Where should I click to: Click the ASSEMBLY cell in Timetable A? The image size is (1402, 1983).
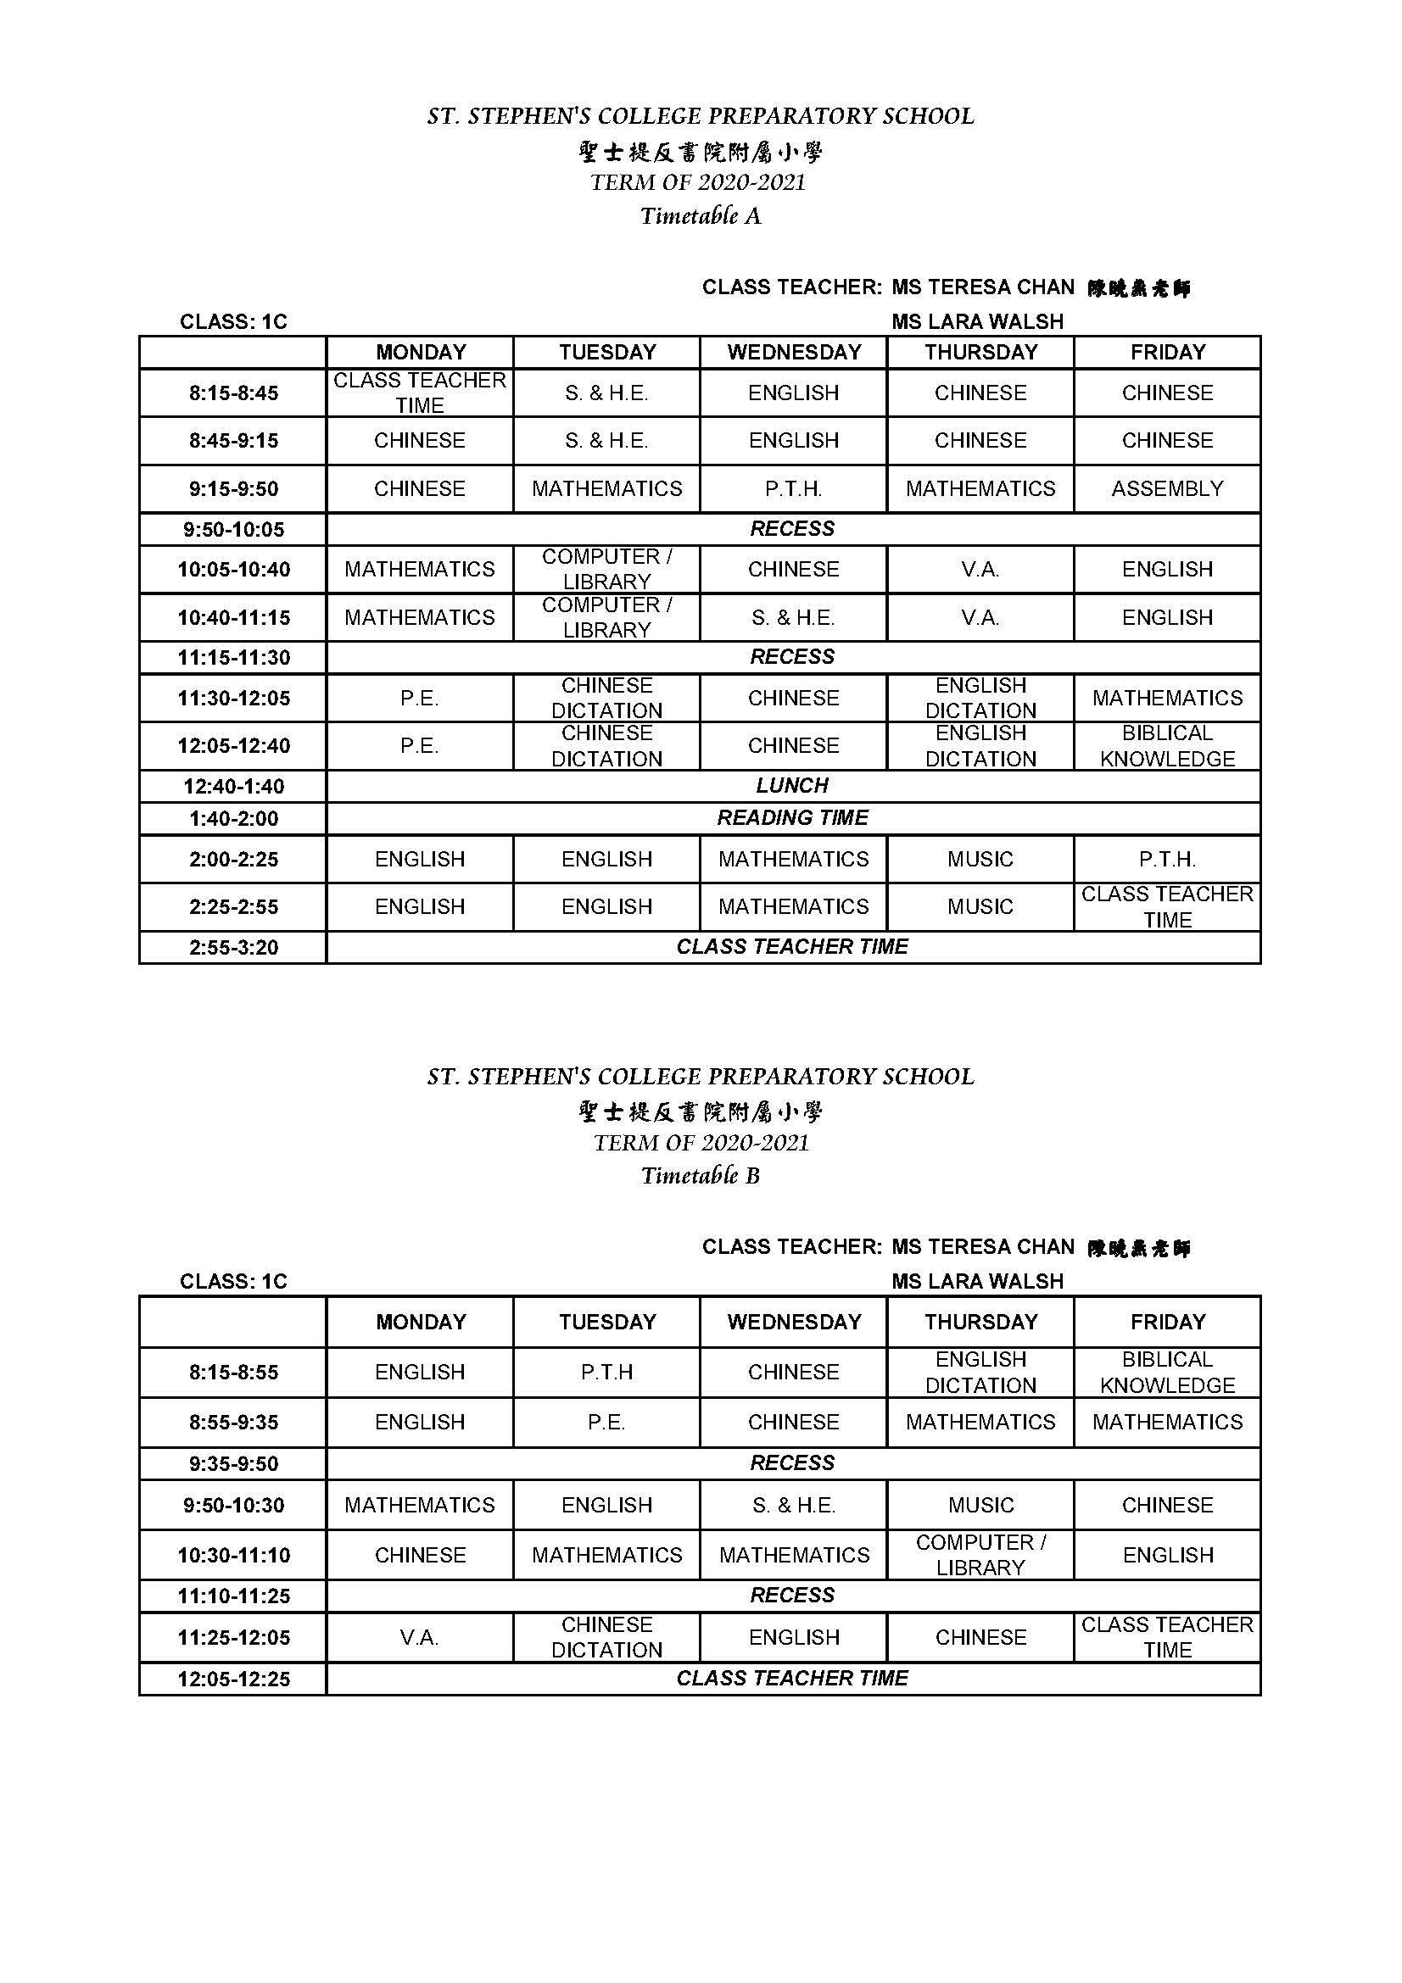(1166, 489)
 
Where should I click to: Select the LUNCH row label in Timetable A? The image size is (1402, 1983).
(792, 786)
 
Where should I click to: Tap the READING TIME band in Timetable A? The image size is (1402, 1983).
(792, 818)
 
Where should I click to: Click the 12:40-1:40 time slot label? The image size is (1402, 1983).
(233, 787)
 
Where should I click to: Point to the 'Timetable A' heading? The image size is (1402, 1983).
(701, 216)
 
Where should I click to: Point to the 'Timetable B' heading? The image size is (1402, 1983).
(701, 1175)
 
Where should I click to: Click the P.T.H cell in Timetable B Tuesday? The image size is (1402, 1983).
(606, 1373)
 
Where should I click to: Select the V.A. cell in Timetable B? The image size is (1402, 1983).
(420, 1638)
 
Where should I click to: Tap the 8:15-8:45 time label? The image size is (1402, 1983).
(233, 394)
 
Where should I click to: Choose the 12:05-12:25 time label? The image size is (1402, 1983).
(233, 1679)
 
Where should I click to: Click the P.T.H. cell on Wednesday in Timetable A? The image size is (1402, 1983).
(793, 489)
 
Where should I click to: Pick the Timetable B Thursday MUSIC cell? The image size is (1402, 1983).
(980, 1506)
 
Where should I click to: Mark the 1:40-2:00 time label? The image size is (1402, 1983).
(233, 819)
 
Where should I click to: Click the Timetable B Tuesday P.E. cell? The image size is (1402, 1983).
(606, 1423)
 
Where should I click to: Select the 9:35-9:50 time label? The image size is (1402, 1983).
(233, 1464)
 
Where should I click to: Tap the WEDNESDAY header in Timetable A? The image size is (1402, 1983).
(793, 353)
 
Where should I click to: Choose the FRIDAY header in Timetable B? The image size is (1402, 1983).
(1167, 1323)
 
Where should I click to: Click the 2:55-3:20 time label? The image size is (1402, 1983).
(233, 948)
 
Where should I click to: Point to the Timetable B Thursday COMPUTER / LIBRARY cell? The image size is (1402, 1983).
(980, 1555)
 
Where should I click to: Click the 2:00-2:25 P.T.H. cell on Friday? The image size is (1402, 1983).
(1167, 860)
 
